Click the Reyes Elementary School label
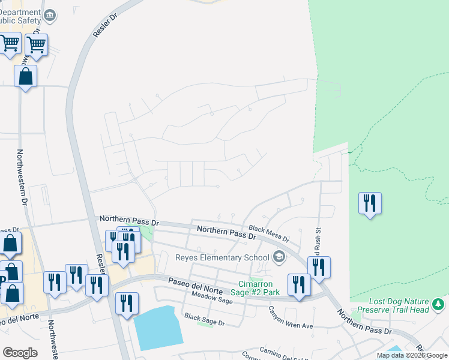pos(222,258)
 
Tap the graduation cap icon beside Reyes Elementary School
pos(279,257)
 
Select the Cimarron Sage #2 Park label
pos(259,288)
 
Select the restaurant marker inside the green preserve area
pos(370,203)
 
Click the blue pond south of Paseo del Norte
pos(158,328)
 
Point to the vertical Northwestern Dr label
pos(23,179)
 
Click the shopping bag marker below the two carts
pos(25,76)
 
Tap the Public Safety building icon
pos(50,14)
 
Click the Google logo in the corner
pos(20,353)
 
